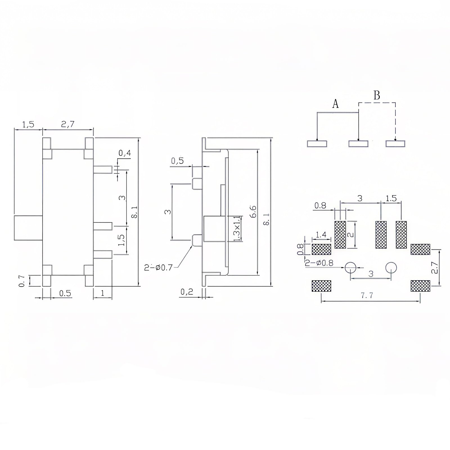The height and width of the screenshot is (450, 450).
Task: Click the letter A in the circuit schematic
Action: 335,104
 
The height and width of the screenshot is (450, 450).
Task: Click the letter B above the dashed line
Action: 377,96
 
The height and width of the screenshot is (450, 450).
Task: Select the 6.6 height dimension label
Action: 253,211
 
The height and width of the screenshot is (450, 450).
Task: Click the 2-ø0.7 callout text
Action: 158,267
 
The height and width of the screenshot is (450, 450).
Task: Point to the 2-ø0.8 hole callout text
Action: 319,263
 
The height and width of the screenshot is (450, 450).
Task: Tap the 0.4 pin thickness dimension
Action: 125,153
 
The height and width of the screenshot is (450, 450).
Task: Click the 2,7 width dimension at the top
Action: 68,124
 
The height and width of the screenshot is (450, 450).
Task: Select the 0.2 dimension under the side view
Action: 187,292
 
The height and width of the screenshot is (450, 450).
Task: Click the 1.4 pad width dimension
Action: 321,235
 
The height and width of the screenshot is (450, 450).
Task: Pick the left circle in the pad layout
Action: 350,267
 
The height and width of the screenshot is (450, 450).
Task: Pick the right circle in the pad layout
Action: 391,267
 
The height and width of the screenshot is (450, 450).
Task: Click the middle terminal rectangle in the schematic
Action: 358,144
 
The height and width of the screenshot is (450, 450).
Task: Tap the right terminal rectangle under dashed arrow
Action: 395,144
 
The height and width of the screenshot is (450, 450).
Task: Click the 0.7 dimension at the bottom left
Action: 22,281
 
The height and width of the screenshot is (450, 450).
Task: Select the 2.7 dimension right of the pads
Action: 435,267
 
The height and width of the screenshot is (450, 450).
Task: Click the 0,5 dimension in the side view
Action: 177,161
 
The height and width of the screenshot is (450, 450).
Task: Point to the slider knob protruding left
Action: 28,228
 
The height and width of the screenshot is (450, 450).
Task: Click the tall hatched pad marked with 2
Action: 340,235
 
